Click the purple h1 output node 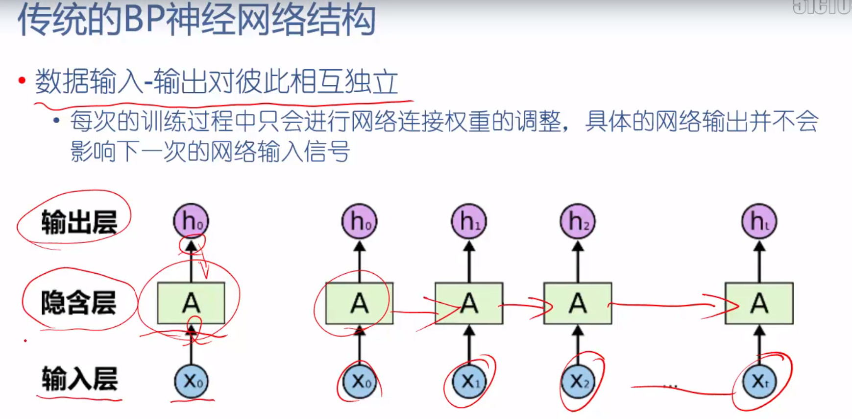click(469, 221)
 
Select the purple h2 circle click(578, 221)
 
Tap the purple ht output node click(759, 221)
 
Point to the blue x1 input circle click(469, 381)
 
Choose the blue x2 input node click(578, 381)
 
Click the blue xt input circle click(759, 381)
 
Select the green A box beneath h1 click(469, 303)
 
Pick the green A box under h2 click(578, 303)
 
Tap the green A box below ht click(759, 303)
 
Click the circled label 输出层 click(79, 222)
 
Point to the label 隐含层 click(78, 302)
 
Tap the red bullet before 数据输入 click(22, 80)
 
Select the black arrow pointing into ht click(759, 261)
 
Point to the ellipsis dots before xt click(670, 386)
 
